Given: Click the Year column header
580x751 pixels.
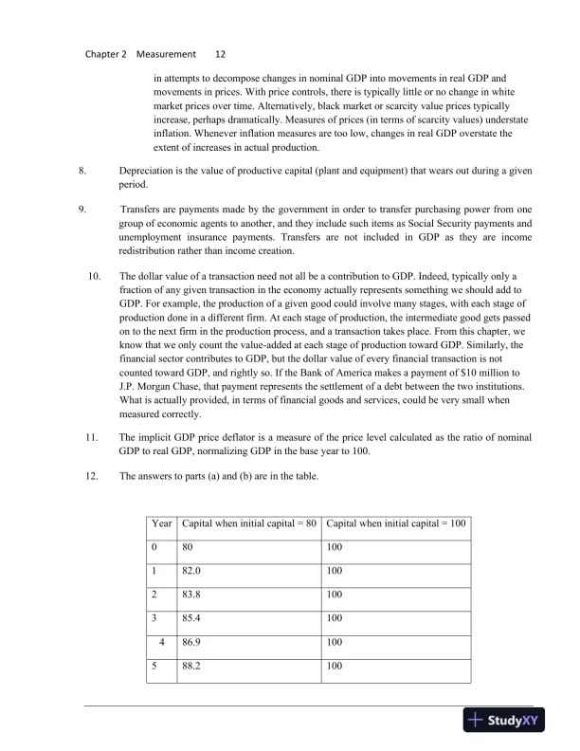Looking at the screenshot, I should coord(162,523).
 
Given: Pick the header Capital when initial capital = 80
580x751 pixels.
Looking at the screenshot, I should coord(248,523).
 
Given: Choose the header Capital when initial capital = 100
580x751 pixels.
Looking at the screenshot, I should coord(396,523).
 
